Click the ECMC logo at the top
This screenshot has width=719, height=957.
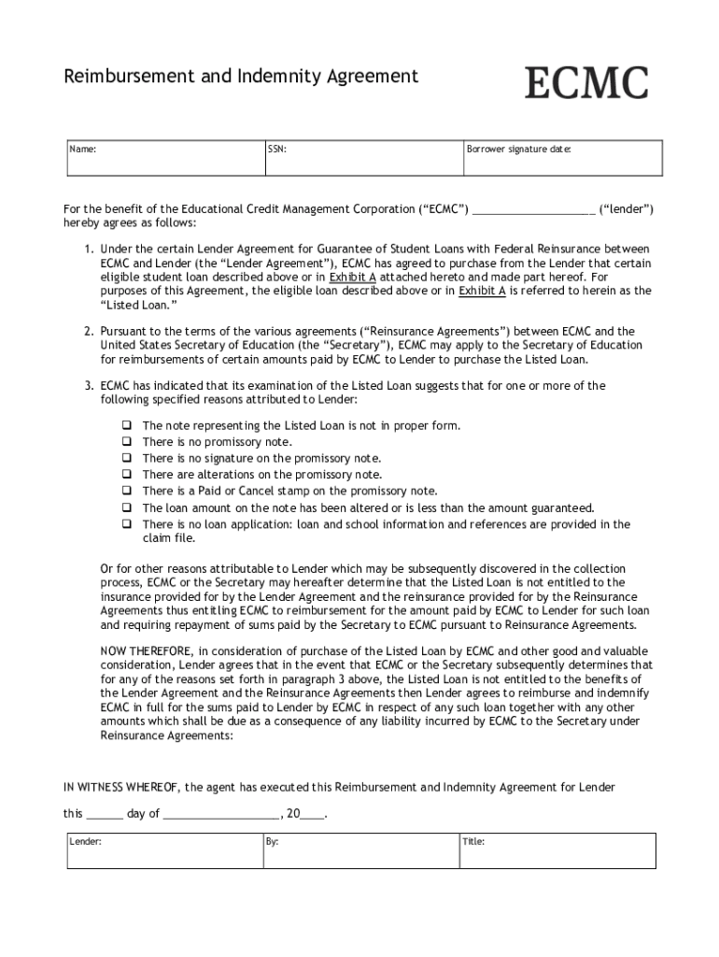585,83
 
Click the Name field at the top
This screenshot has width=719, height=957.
162,158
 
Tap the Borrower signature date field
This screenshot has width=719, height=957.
562,158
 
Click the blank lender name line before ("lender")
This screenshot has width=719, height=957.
533,210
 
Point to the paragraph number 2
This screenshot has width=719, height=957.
88,332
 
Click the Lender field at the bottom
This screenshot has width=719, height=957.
162,851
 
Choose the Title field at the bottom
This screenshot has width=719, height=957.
557,851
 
